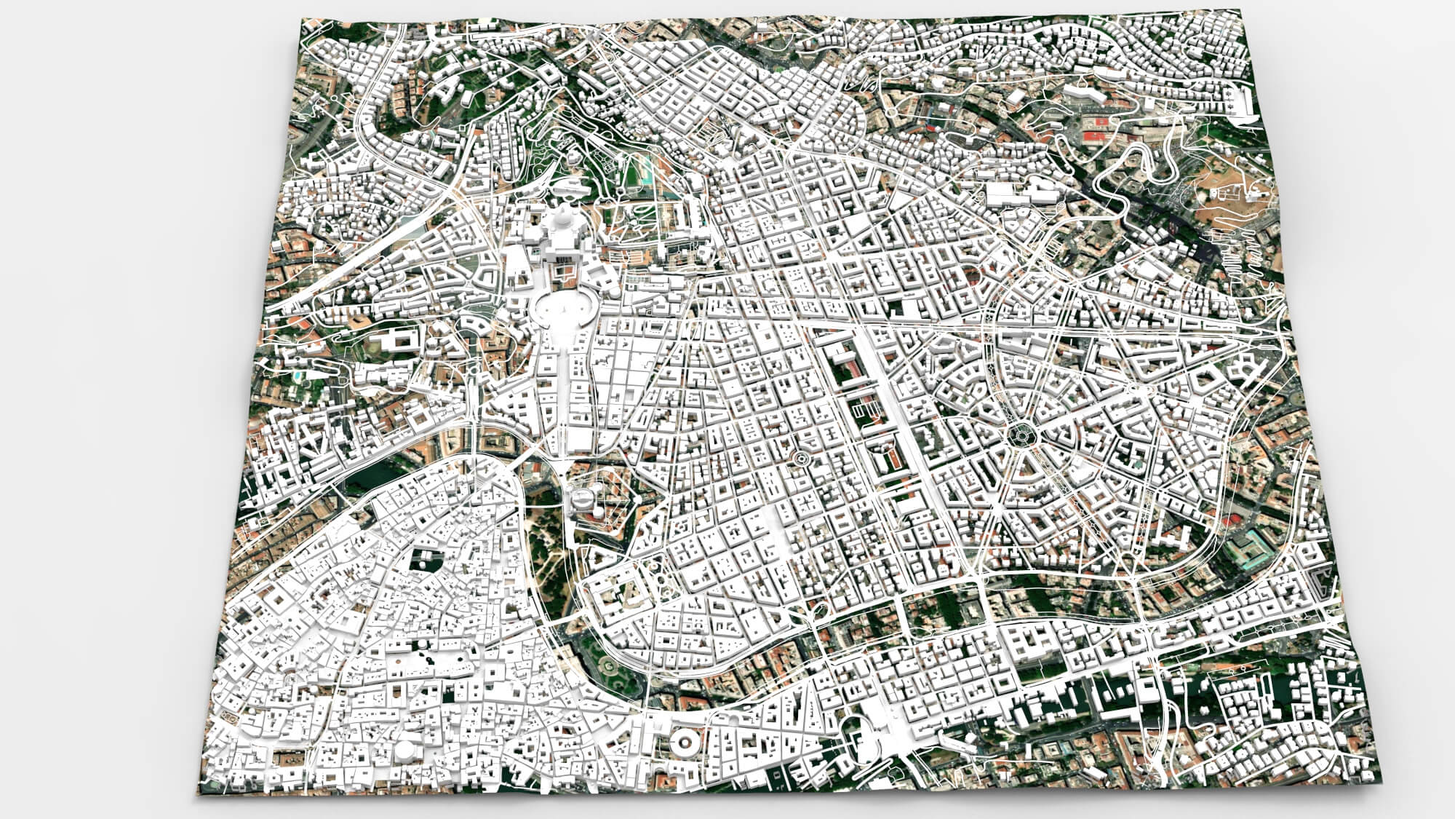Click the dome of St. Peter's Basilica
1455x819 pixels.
pyautogui.click(x=562, y=221)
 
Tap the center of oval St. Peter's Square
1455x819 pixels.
pyautogui.click(x=564, y=311)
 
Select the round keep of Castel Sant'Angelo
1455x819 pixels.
pyautogui.click(x=583, y=499)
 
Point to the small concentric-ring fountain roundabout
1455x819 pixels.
pyautogui.click(x=800, y=459)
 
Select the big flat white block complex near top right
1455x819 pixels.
pyautogui.click(x=1018, y=193)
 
